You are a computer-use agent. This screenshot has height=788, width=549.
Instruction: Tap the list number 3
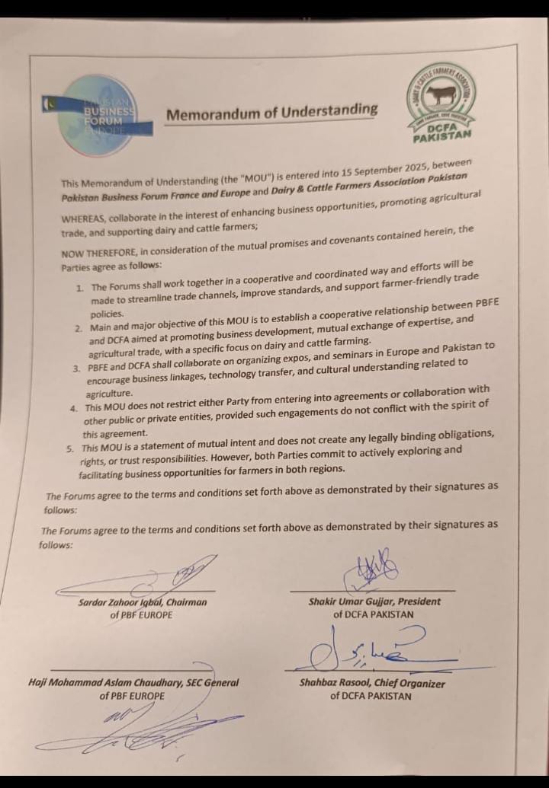tap(78, 368)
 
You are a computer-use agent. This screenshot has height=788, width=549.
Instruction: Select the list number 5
tap(70, 448)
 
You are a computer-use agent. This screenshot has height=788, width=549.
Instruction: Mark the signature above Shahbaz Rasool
tap(366, 649)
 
